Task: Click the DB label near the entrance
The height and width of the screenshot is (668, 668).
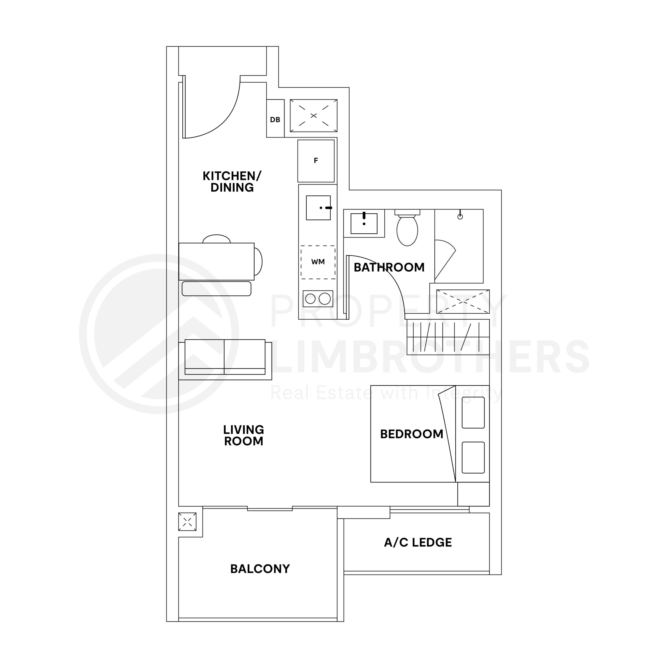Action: click(275, 120)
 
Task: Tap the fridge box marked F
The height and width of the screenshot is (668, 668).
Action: click(316, 161)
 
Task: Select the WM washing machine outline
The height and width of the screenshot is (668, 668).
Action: click(318, 262)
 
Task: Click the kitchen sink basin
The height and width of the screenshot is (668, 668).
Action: click(318, 207)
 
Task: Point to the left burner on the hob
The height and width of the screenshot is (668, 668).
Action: click(310, 299)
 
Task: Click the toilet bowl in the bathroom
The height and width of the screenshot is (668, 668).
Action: click(407, 230)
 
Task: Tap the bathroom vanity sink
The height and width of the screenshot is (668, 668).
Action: click(364, 223)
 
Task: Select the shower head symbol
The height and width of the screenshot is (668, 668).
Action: click(460, 216)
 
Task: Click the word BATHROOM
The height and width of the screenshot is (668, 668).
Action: click(389, 267)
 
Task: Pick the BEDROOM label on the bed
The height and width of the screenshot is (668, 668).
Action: click(411, 434)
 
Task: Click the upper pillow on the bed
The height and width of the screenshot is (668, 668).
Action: click(473, 413)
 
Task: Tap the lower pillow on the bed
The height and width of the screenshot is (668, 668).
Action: click(473, 457)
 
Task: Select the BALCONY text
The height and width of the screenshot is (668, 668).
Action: click(260, 569)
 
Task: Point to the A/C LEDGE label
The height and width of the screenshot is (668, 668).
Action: click(418, 542)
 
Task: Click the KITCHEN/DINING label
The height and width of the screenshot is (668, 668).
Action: click(232, 182)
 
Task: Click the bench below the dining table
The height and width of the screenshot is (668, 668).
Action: click(216, 289)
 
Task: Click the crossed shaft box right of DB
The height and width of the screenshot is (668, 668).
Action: click(314, 116)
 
